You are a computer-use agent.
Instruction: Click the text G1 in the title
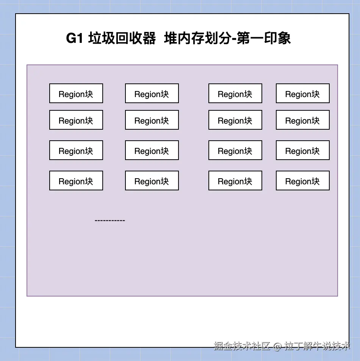coord(74,39)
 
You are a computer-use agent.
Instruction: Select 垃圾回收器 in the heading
coord(122,39)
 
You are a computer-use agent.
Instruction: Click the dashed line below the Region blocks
coord(110,220)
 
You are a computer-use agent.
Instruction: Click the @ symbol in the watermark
coord(278,346)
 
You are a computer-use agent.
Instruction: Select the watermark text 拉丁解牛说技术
coord(317,346)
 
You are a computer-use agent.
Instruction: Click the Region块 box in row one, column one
coord(76,93)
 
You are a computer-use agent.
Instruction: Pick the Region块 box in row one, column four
coord(302,93)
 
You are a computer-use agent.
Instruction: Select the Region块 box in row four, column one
coord(76,180)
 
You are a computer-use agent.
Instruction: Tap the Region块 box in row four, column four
coord(302,180)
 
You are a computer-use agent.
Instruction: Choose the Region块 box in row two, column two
coord(152,120)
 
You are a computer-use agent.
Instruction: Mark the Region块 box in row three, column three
coord(235,150)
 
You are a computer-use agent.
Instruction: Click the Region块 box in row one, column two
coord(152,93)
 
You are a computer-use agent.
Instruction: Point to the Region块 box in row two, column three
coord(235,120)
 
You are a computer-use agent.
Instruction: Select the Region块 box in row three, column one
coord(76,150)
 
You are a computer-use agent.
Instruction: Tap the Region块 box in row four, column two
coord(152,180)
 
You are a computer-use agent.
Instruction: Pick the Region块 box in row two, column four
coord(302,120)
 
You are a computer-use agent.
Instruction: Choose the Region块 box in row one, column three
coord(235,93)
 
